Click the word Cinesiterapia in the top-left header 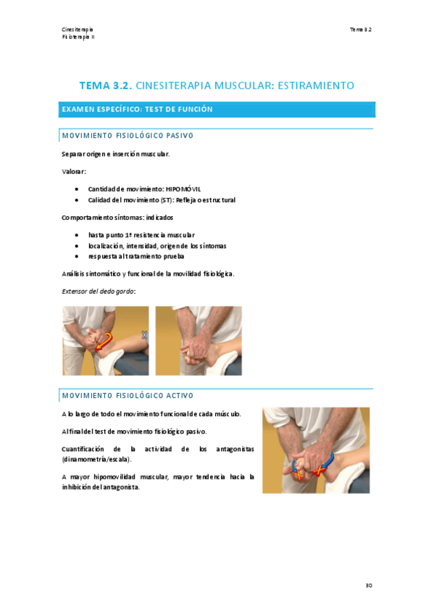click(x=77, y=29)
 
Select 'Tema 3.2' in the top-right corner click(x=360, y=29)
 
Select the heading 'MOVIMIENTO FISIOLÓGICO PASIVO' click(x=127, y=136)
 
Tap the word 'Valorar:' click(x=74, y=171)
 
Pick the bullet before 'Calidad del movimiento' click(x=77, y=199)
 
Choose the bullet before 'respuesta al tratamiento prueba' click(x=77, y=256)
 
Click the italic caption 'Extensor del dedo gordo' click(x=99, y=290)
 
